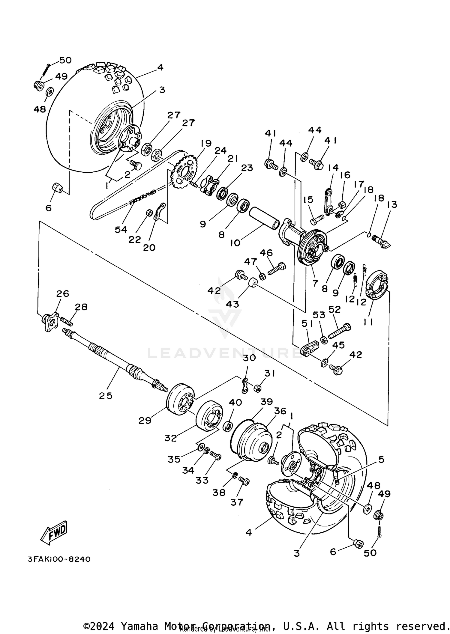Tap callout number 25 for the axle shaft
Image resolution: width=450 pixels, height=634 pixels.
(106, 396)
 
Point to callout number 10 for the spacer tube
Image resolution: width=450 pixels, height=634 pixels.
(235, 243)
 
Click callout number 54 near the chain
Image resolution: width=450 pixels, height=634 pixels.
(121, 230)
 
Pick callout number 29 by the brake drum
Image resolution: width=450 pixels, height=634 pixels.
(145, 421)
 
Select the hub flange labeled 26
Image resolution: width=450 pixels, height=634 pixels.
(51, 322)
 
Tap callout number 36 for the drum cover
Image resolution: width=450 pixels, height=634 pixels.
(280, 411)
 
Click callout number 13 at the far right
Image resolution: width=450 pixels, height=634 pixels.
(392, 204)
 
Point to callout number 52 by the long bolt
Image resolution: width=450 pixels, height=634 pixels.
(334, 310)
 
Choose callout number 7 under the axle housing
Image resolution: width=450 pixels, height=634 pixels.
(315, 283)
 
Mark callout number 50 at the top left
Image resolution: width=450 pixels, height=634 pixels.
(65, 60)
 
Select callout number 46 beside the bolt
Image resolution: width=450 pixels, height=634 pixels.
(266, 253)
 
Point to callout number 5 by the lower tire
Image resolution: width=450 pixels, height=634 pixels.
(381, 460)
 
